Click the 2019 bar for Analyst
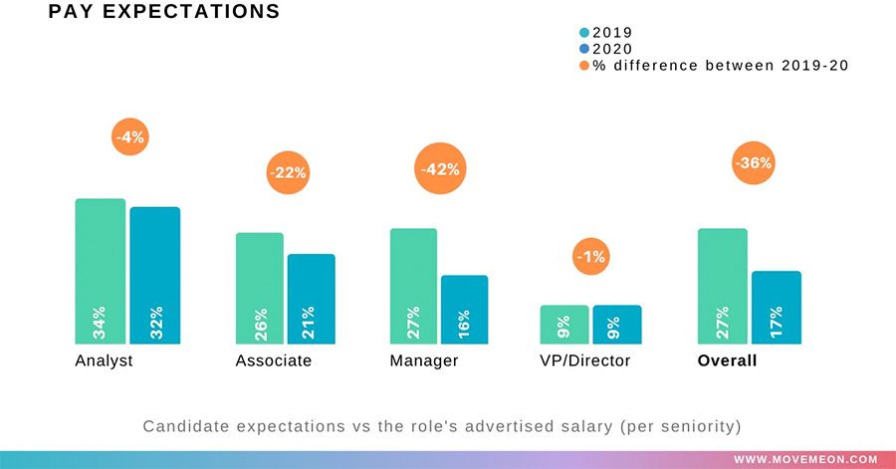tap(101, 271)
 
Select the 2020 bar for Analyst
tap(154, 275)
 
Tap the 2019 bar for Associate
tap(260, 288)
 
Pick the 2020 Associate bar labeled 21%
tap(312, 299)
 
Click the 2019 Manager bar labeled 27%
tap(413, 286)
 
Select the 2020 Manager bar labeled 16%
tap(465, 309)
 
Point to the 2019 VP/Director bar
tap(563, 324)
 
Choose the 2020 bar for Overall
tap(777, 307)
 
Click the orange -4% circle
tap(129, 137)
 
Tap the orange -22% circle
tap(288, 172)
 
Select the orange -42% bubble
tap(440, 169)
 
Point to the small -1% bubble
tap(591, 257)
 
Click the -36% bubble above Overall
tap(753, 163)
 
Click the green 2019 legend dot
tap(584, 32)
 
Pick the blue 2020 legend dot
tap(584, 48)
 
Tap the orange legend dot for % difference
tap(584, 65)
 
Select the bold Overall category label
tap(727, 360)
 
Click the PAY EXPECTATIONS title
tap(163, 12)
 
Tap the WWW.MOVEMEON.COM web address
tap(806, 459)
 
